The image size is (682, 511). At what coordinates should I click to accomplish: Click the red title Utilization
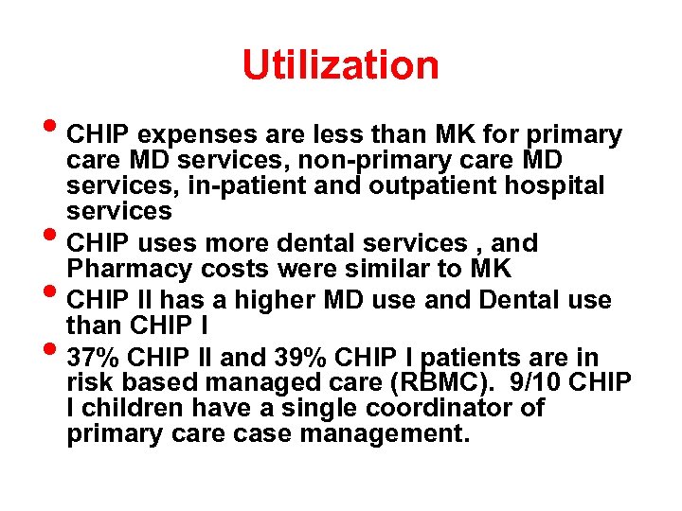click(x=341, y=66)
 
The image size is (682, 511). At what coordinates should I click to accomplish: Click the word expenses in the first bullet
click(x=192, y=136)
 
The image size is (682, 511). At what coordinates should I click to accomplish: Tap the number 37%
click(x=94, y=358)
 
